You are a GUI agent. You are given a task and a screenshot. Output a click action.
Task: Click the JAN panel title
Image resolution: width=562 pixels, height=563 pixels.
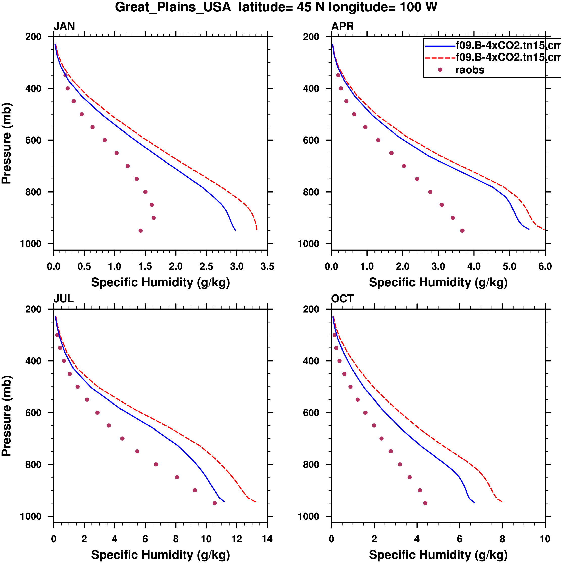pyautogui.click(x=64, y=26)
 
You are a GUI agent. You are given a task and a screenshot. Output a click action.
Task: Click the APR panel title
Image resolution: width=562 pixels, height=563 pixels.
pyautogui.click(x=343, y=26)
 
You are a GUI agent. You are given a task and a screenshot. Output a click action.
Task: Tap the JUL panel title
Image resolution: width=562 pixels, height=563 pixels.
pyautogui.click(x=63, y=299)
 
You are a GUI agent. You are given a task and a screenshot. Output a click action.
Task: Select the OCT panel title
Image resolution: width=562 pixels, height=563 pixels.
pyautogui.click(x=343, y=299)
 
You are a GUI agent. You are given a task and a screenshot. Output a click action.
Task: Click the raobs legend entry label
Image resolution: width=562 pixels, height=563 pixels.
pyautogui.click(x=470, y=70)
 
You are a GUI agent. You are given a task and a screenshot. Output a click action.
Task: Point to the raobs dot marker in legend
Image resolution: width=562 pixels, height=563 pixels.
pyautogui.click(x=440, y=70)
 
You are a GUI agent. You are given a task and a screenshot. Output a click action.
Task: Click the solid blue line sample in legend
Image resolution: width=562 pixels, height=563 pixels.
pyautogui.click(x=440, y=46)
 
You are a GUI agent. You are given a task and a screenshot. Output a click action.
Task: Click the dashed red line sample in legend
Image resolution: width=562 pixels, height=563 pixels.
pyautogui.click(x=440, y=58)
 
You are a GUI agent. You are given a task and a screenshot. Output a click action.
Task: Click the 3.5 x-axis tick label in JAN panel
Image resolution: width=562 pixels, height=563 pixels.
pyautogui.click(x=267, y=266)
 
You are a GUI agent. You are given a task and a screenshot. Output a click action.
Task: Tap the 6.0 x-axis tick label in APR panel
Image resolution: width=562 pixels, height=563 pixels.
pyautogui.click(x=545, y=266)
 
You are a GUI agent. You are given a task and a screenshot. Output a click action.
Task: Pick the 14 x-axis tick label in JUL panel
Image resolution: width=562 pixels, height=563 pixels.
pyautogui.click(x=267, y=539)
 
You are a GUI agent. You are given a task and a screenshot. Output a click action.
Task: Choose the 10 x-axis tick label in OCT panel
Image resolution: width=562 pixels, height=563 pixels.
pyautogui.click(x=545, y=539)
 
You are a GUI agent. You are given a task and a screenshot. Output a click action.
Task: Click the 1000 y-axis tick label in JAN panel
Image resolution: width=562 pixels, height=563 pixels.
pyautogui.click(x=31, y=244)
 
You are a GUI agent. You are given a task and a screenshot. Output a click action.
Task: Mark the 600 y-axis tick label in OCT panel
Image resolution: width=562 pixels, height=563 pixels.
pyautogui.click(x=311, y=413)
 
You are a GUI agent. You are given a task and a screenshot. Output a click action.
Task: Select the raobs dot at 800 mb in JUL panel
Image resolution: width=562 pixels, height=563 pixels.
pyautogui.click(x=156, y=465)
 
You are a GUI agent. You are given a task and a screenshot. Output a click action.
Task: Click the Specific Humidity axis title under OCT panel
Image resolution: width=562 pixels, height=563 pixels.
pyautogui.click(x=438, y=555)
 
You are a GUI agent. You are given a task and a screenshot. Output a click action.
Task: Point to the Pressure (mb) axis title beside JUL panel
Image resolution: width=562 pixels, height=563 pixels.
pyautogui.click(x=6, y=416)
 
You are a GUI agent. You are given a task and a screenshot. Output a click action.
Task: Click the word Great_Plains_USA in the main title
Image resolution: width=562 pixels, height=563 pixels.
pyautogui.click(x=173, y=7)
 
